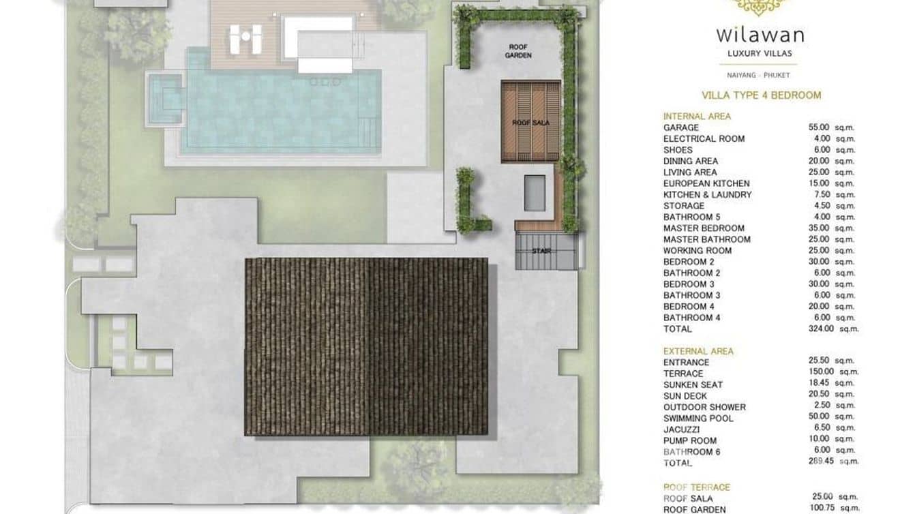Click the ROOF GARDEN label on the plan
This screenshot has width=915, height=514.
tap(518, 51)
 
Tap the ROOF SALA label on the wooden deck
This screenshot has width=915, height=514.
tap(530, 123)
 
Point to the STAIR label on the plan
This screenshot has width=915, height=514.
tap(541, 251)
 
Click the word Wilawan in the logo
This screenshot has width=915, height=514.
tap(760, 35)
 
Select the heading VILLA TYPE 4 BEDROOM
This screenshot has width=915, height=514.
tap(762, 95)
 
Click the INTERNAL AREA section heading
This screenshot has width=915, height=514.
tap(697, 117)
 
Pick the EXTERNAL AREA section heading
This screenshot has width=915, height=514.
tap(698, 351)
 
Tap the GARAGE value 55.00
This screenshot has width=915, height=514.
tap(819, 127)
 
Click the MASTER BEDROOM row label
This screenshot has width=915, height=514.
tap(704, 228)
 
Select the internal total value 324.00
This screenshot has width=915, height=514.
tap(821, 329)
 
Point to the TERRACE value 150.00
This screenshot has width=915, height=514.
tap(822, 372)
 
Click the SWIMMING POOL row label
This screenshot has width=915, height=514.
tap(698, 419)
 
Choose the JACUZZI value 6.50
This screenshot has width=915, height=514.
tap(822, 427)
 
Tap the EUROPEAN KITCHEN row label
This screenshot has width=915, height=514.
tap(706, 183)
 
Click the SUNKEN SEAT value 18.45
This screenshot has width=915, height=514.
tap(819, 382)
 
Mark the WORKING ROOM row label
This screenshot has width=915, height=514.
tap(697, 251)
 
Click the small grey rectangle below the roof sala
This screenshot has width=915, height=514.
tap(535, 193)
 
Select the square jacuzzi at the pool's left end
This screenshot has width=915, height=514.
tap(164, 98)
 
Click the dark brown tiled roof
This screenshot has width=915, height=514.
tap(366, 346)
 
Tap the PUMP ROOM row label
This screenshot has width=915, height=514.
tap(690, 441)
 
